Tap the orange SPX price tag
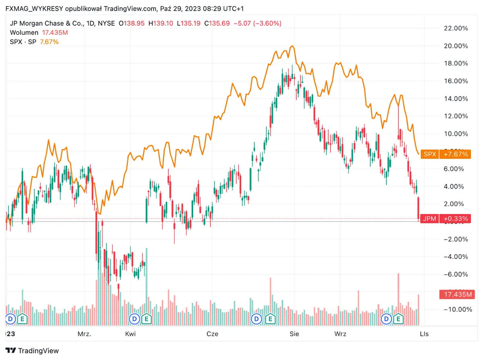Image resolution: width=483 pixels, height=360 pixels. pos(445,154)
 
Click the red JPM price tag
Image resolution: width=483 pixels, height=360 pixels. pos(445,219)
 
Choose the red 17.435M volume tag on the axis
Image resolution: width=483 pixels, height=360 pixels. pos(455,294)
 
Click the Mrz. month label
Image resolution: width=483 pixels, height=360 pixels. pos(85,334)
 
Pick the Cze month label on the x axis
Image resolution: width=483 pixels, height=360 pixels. pos(212,334)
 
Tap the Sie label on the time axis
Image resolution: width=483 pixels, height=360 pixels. pos(294,334)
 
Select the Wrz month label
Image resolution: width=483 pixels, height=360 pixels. pos(341,334)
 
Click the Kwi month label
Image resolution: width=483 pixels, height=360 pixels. pos(130,334)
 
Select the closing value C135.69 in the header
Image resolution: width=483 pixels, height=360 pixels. pos(217,23)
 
